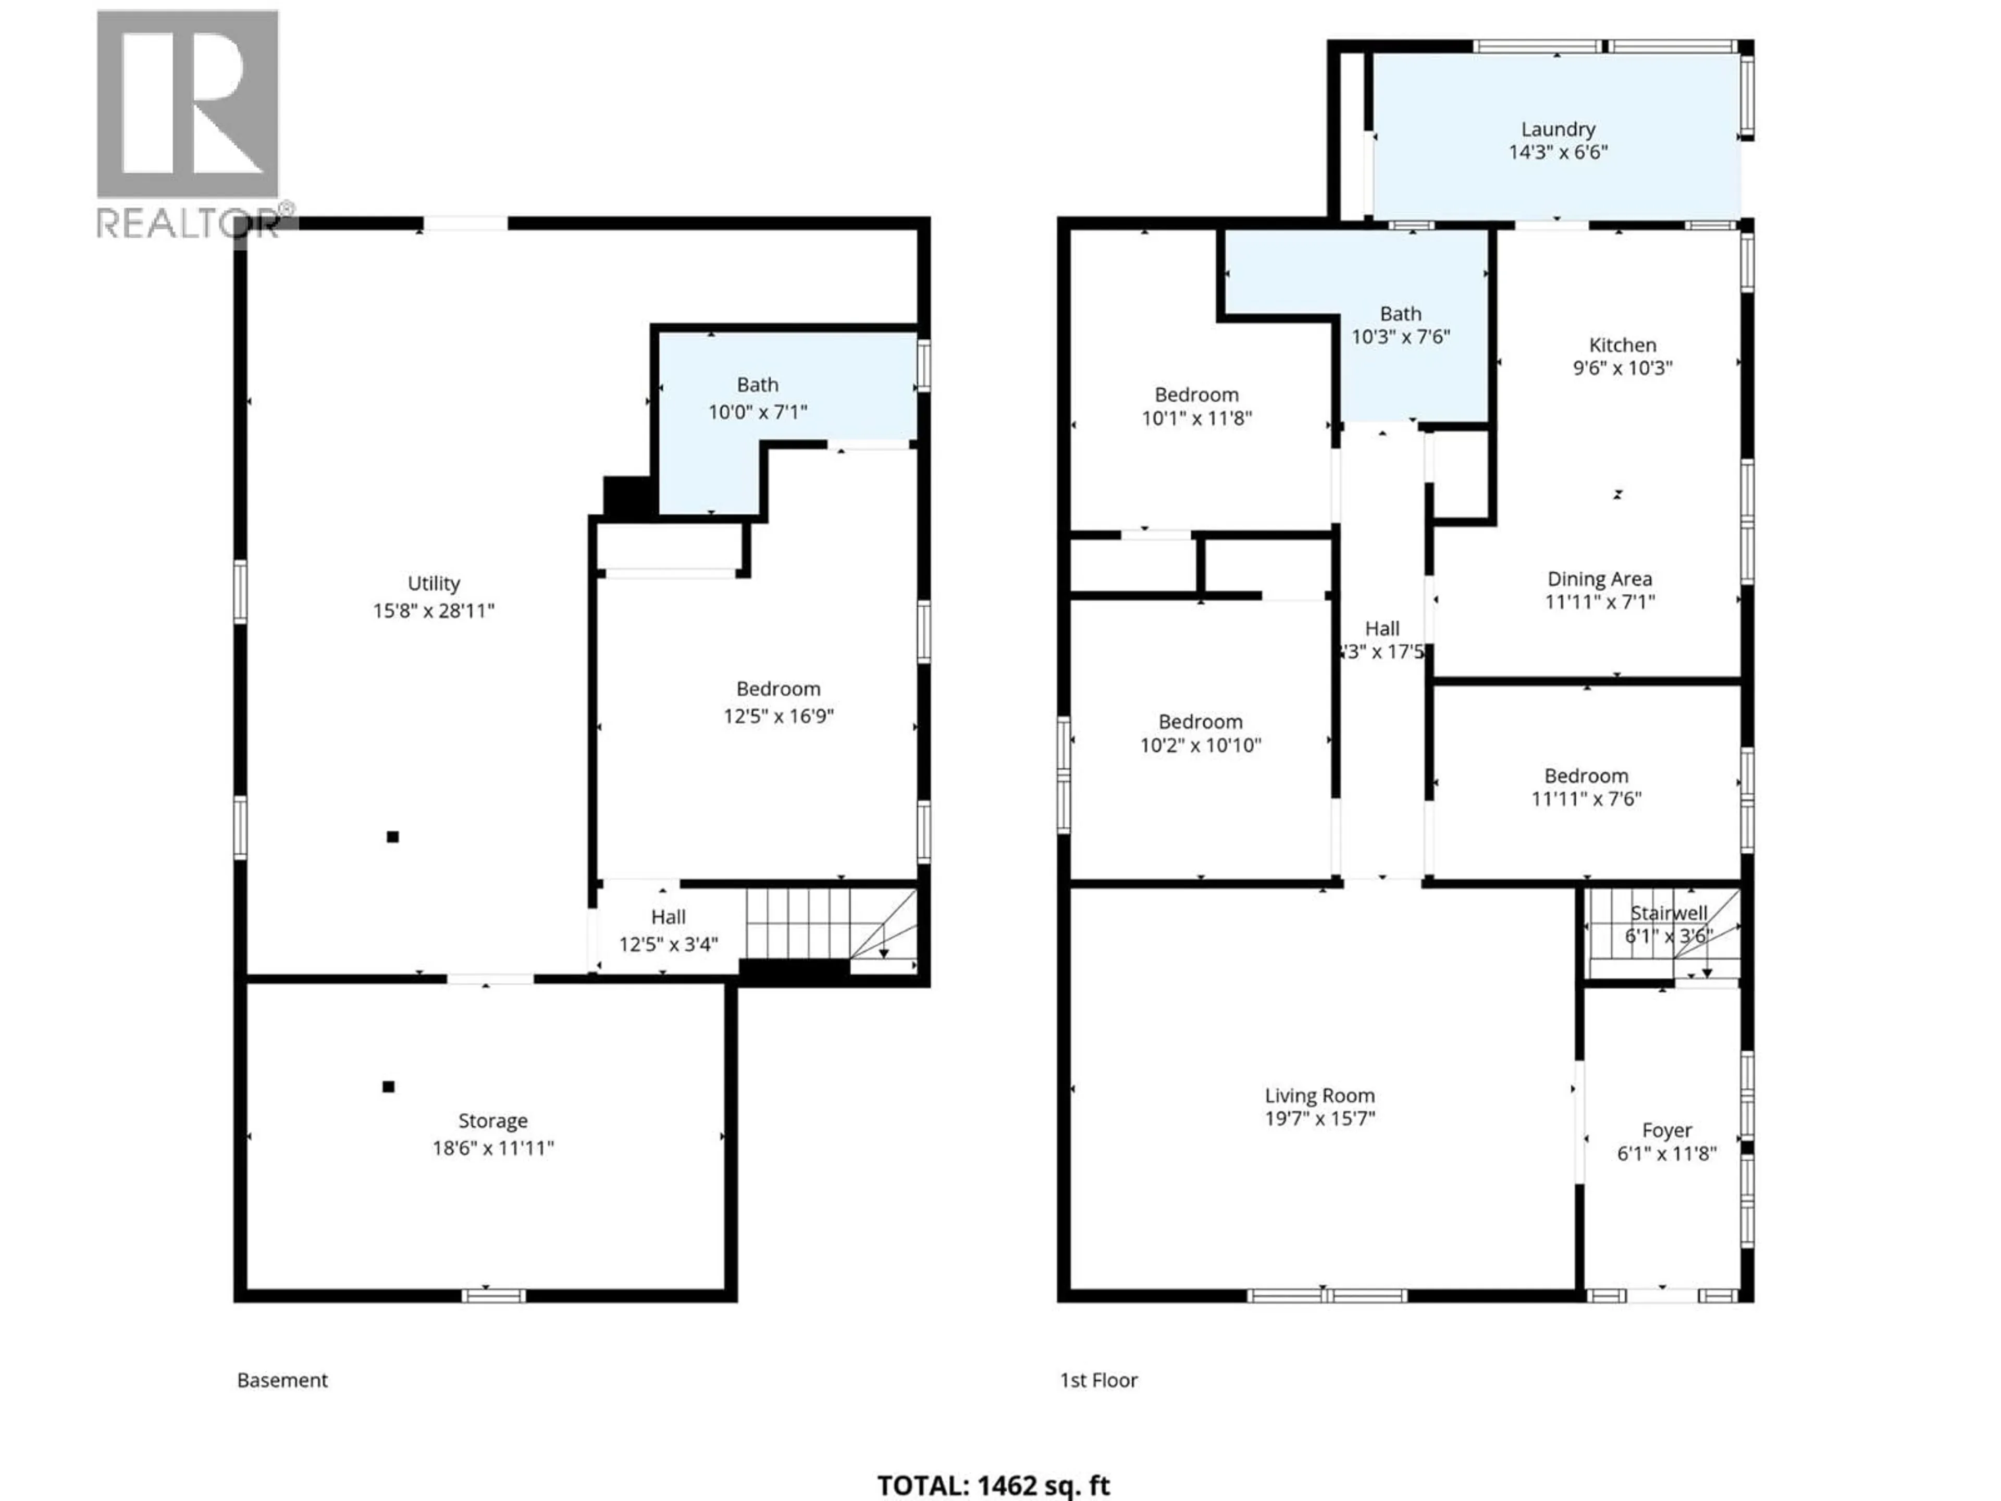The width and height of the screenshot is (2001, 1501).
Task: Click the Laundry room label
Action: pyautogui.click(x=1557, y=129)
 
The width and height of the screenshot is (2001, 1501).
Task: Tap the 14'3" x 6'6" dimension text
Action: pyautogui.click(x=1557, y=153)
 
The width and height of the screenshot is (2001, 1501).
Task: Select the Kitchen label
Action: pyautogui.click(x=1622, y=345)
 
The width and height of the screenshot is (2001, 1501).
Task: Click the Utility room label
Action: pyautogui.click(x=434, y=584)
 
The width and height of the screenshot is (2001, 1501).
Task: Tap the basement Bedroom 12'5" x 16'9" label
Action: pyautogui.click(x=778, y=702)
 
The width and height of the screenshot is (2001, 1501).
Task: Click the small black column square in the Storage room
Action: pyautogui.click(x=388, y=1087)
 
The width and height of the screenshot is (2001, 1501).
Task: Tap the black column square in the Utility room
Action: pyautogui.click(x=392, y=837)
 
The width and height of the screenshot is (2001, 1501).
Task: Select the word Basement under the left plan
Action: pyautogui.click(x=282, y=1380)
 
